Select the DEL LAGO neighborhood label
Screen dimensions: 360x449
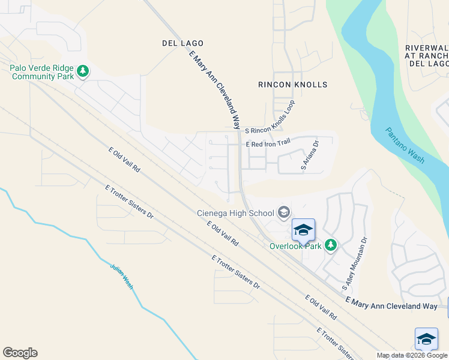click(x=182, y=43)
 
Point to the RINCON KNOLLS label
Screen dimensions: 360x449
click(x=293, y=85)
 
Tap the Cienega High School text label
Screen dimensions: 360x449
click(x=236, y=212)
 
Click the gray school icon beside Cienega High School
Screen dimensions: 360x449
click(x=284, y=212)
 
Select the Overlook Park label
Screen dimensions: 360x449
click(x=295, y=245)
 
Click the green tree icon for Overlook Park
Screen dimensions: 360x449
click(x=330, y=245)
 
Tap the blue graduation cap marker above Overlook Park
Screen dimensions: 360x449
click(x=303, y=230)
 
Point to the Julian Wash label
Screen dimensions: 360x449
click(x=121, y=275)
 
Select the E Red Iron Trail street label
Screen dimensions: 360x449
click(x=268, y=143)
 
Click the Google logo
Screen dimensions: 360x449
click(x=20, y=353)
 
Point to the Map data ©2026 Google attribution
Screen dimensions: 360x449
click(x=412, y=355)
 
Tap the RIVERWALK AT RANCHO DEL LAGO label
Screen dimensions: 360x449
click(x=427, y=55)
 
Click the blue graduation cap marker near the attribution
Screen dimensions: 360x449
click(x=426, y=339)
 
